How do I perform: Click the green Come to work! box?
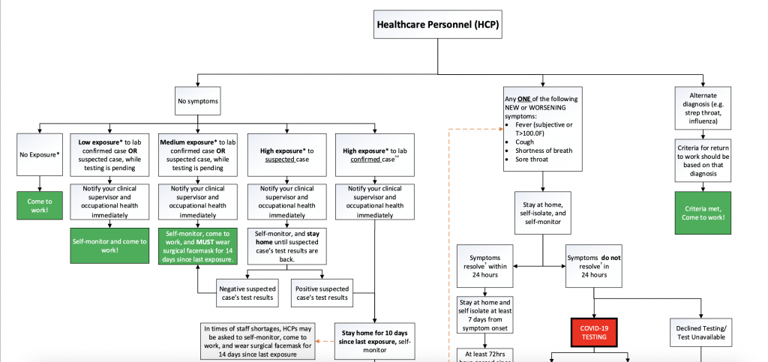coord(39,205)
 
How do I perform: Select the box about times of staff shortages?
coord(257,341)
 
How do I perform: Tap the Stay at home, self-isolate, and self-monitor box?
coord(544,212)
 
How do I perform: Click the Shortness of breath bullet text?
coord(543,151)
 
